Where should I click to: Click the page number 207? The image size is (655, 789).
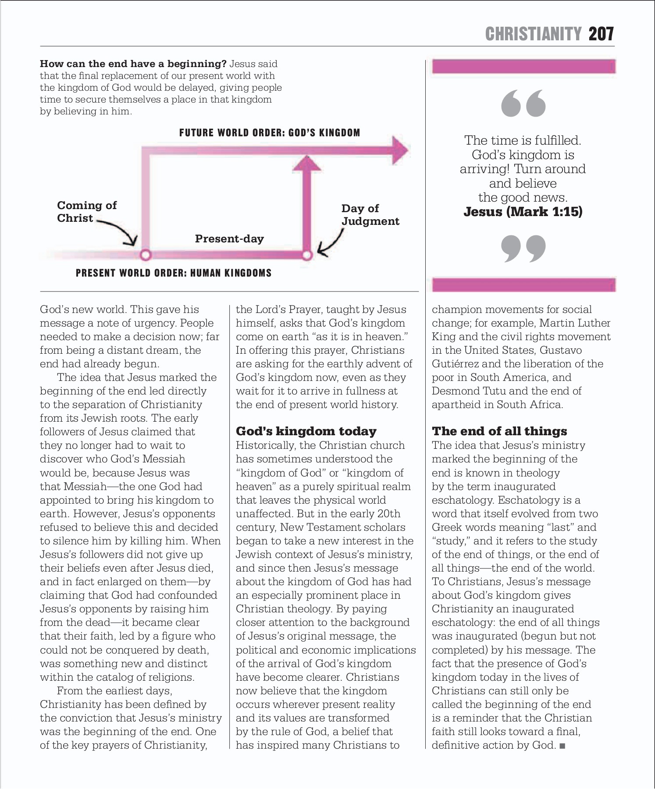(601, 34)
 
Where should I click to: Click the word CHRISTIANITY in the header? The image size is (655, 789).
(533, 34)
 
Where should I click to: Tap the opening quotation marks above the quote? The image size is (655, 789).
(523, 103)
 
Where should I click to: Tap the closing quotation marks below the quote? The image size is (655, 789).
(523, 248)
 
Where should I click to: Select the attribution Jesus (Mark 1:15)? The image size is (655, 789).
(523, 212)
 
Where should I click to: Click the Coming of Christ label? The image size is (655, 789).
(86, 212)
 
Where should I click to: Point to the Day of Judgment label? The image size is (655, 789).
(370, 215)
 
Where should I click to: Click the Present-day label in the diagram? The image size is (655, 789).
(229, 239)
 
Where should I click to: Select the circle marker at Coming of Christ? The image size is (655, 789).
(145, 255)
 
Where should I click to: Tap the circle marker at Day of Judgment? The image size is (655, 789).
(307, 255)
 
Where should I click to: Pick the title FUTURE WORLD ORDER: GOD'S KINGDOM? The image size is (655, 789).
(270, 133)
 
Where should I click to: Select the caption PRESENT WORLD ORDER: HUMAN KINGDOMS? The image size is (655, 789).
(174, 273)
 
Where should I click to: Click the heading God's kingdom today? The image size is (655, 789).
(306, 431)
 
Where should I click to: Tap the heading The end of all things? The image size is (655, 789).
(499, 431)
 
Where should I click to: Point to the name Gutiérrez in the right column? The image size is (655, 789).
(455, 364)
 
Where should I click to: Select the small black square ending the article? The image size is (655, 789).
(562, 746)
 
